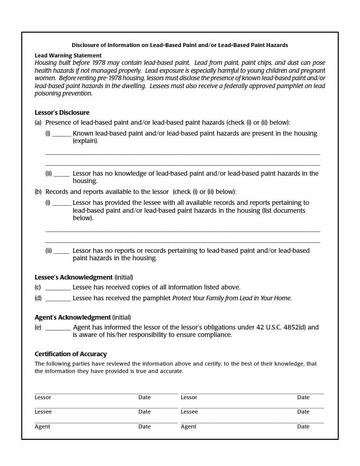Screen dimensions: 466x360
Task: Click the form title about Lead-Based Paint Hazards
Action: tap(180, 46)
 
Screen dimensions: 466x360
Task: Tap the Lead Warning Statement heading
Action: tap(68, 55)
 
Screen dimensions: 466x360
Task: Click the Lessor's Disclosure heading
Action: tap(62, 113)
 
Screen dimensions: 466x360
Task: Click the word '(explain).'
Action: tap(86, 141)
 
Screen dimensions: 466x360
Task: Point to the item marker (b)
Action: tap(38, 192)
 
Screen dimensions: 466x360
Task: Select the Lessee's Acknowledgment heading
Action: tap(74, 277)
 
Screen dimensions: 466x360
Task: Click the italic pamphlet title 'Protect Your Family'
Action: tap(231, 298)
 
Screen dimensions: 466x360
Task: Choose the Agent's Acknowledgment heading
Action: tap(72, 317)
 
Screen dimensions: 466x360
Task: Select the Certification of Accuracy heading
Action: tap(71, 354)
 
